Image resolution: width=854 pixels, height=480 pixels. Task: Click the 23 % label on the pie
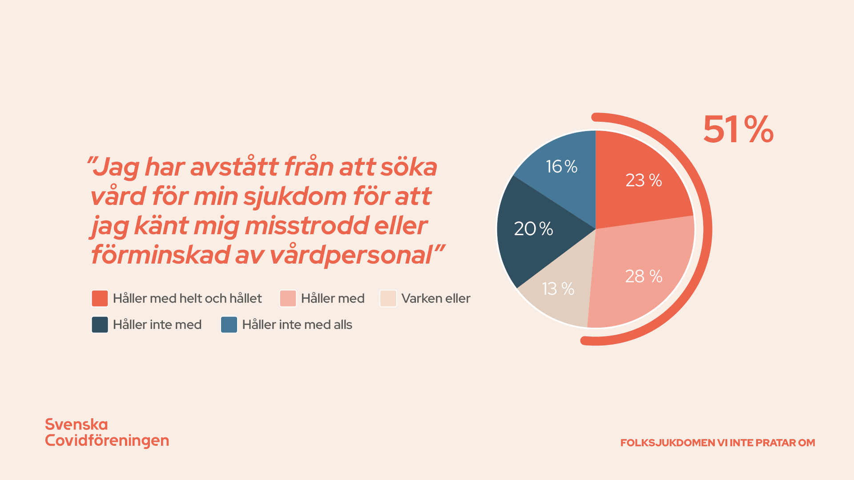[x=644, y=180]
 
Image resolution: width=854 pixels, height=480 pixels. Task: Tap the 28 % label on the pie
[x=644, y=276]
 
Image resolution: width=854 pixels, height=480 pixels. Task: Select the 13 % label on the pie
[x=558, y=289]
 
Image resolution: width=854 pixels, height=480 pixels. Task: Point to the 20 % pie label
[x=533, y=229]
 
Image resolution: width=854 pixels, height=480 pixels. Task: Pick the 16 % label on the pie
[x=561, y=167]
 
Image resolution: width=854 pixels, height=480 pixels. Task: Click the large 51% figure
[x=738, y=130]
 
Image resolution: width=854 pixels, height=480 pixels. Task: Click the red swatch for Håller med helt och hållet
[x=100, y=299]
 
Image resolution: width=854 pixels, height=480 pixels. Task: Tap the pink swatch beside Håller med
[x=288, y=299]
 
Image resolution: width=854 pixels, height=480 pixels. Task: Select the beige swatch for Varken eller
[x=388, y=299]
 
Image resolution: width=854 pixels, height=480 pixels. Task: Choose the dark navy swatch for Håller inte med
[x=100, y=325]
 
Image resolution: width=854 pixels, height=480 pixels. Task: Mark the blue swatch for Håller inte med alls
[x=229, y=325]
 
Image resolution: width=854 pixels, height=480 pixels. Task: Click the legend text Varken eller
[x=435, y=299]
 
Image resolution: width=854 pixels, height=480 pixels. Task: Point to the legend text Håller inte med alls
[x=297, y=325]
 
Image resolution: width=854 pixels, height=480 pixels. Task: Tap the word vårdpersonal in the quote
[x=351, y=256]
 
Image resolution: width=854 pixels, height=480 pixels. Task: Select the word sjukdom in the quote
[x=295, y=196]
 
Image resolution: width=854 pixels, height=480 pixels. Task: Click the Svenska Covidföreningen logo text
[x=107, y=432]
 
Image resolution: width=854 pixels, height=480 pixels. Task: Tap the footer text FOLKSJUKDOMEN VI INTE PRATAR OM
[x=717, y=443]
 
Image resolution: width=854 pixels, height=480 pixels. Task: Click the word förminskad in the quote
[x=160, y=256]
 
